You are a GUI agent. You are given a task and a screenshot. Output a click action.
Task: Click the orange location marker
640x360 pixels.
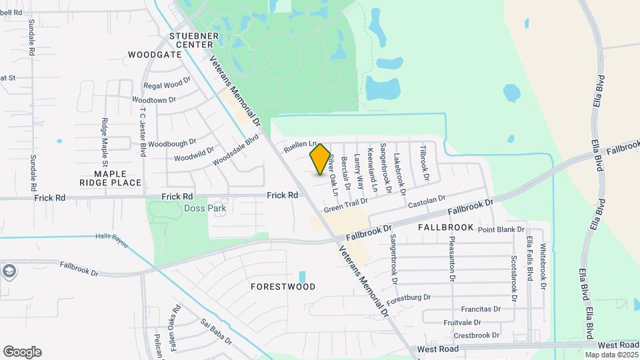(x=321, y=159)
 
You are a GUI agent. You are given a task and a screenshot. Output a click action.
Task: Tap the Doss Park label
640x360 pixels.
(x=205, y=208)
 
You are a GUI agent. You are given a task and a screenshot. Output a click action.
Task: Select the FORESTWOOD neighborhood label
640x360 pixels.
(x=283, y=287)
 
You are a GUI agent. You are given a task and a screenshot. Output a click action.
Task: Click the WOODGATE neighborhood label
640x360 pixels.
(x=155, y=55)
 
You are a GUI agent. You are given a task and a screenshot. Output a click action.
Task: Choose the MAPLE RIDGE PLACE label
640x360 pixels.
(x=110, y=178)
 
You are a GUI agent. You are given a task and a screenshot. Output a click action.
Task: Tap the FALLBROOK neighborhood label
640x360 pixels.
(x=445, y=227)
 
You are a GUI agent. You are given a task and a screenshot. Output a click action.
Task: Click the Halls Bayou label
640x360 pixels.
(x=111, y=236)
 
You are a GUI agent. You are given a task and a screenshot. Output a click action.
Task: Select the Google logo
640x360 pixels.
(x=22, y=352)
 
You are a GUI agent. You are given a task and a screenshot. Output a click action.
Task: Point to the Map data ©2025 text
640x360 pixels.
(x=611, y=355)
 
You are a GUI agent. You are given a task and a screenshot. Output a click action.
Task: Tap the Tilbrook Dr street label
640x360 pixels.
(x=423, y=163)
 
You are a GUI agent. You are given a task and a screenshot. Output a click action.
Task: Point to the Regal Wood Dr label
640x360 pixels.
(x=163, y=85)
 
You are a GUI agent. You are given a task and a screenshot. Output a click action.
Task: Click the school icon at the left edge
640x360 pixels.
(x=9, y=271)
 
